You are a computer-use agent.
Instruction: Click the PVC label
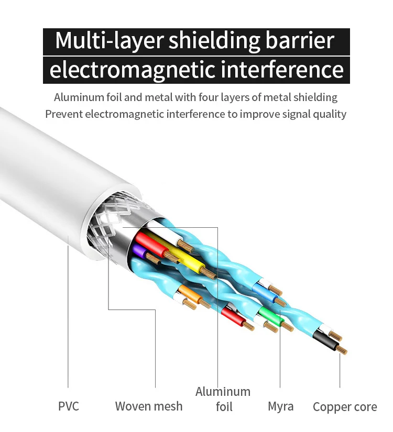[x=68, y=406]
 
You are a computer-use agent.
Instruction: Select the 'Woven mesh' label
[x=149, y=406]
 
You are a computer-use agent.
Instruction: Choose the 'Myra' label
[x=280, y=406]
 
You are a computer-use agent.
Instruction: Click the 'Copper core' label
[x=344, y=407]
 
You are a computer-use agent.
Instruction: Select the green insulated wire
[x=269, y=316]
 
